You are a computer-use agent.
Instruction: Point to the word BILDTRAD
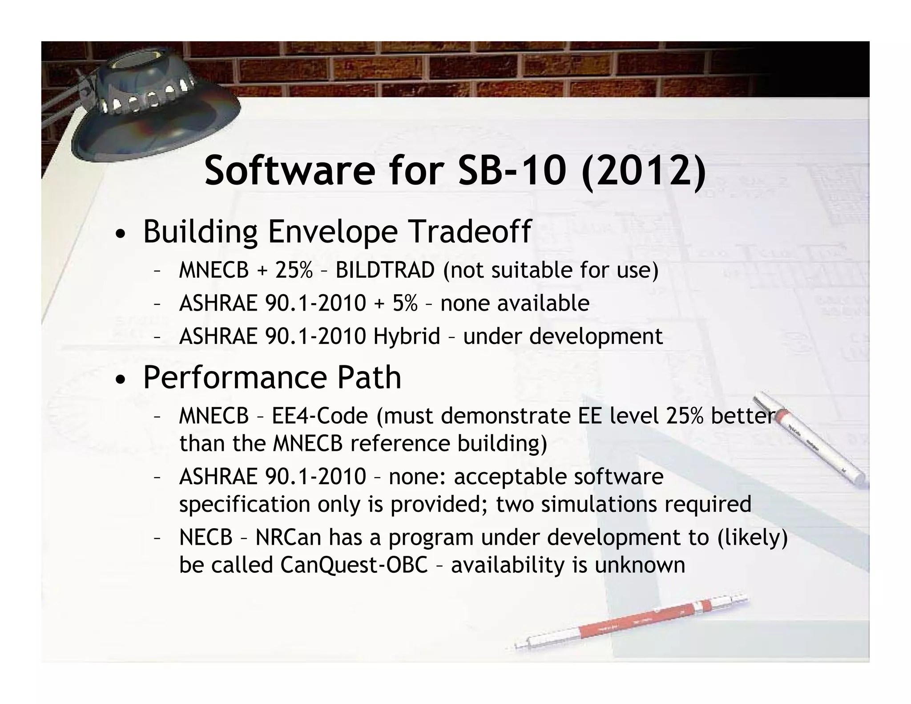tap(385, 270)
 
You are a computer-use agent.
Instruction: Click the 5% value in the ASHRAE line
tap(405, 303)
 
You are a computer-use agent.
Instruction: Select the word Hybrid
tap(407, 336)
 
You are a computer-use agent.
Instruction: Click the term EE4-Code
tap(320, 416)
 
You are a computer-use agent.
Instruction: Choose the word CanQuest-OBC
tap(354, 565)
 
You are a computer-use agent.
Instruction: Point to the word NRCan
tap(288, 537)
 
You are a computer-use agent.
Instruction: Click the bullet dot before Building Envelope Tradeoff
tap(119, 235)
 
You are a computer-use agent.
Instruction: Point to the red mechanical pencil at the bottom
tap(632, 623)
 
